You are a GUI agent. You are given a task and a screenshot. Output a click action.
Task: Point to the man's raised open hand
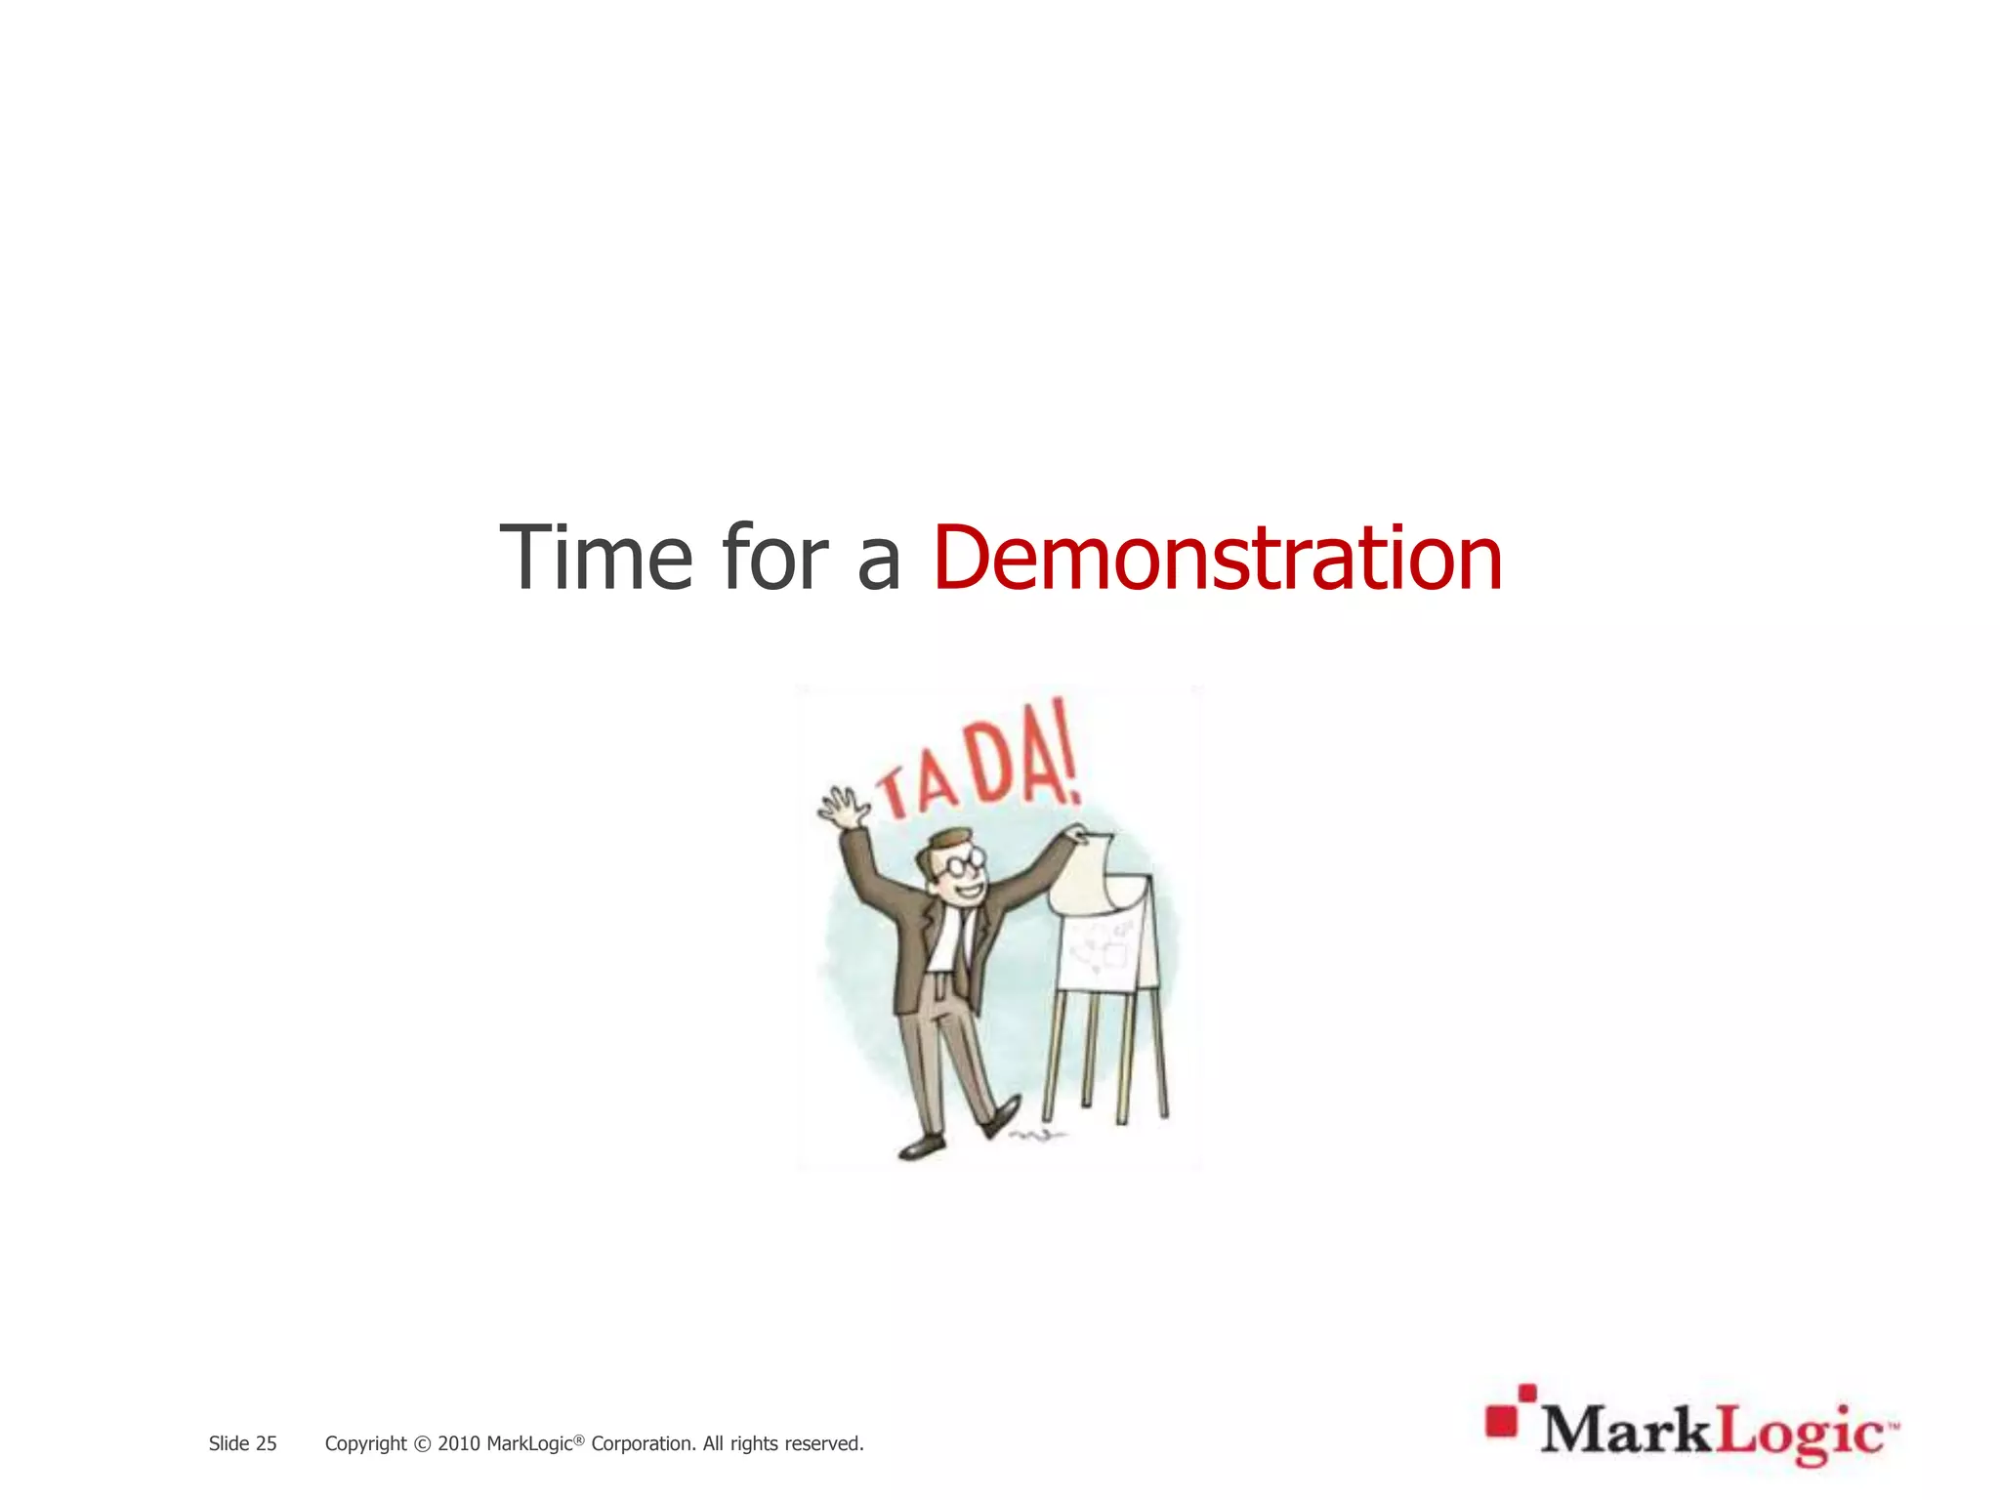pos(843,805)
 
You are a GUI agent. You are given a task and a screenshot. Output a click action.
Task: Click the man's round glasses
pos(962,864)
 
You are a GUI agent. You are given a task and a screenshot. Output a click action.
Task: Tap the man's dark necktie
pos(964,952)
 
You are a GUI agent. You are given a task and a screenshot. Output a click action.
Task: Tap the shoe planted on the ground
pos(921,1146)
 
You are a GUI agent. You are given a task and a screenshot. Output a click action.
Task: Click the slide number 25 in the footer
pos(266,1443)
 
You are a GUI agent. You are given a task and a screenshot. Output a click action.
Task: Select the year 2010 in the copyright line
pos(458,1443)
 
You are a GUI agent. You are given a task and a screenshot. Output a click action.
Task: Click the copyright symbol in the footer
pos(422,1444)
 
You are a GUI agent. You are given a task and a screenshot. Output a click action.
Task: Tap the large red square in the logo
pos(1501,1421)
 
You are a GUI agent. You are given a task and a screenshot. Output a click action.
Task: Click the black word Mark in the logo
pos(1628,1433)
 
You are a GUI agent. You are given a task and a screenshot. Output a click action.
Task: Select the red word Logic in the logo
pos(1799,1435)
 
